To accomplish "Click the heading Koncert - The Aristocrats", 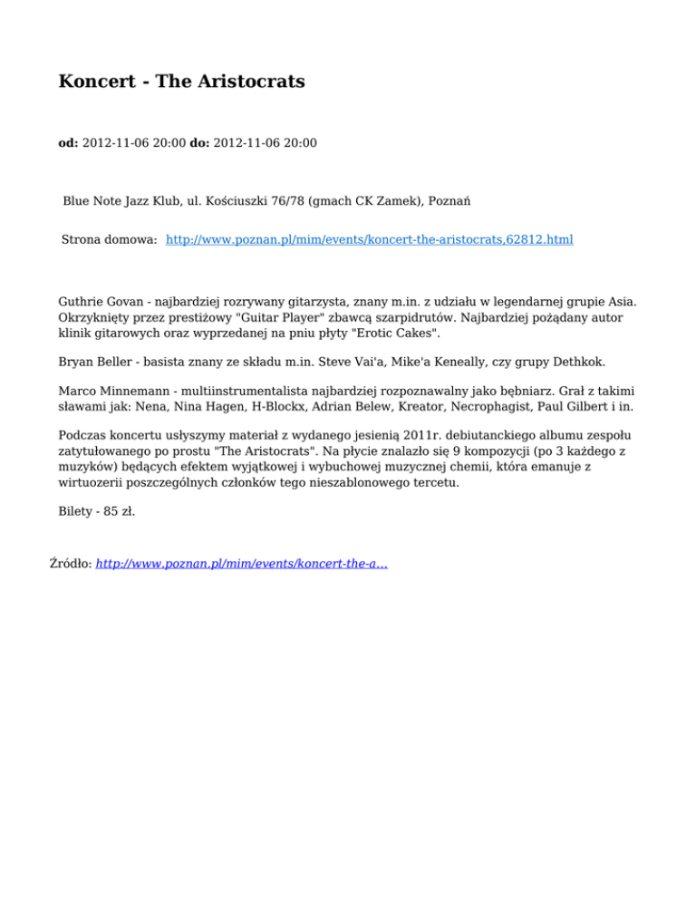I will pyautogui.click(x=181, y=82).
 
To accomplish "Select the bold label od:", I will pyautogui.click(x=68, y=142).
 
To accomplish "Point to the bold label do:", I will pyautogui.click(x=199, y=142).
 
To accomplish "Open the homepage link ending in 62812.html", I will pyautogui.click(x=370, y=240).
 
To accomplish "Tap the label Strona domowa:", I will pyautogui.click(x=110, y=240).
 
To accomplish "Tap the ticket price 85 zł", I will pyautogui.click(x=121, y=512).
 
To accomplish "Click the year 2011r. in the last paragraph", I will pyautogui.click(x=382, y=435).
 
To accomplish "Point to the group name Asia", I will pyautogui.click(x=623, y=301).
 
